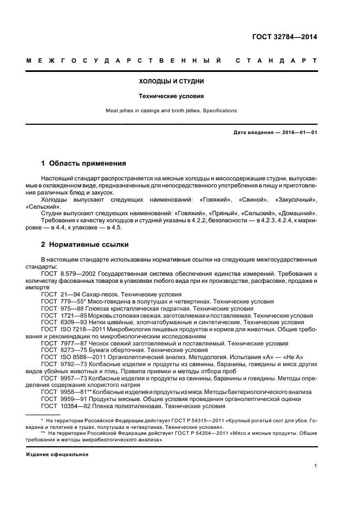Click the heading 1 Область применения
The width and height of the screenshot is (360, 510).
[84, 163]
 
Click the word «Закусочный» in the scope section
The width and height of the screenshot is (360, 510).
[299, 200]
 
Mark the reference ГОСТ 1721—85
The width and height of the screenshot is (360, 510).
[63, 315]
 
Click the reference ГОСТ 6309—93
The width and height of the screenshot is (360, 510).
[63, 323]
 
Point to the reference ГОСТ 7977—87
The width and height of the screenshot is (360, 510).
[63, 344]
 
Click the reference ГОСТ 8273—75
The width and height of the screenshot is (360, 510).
[63, 351]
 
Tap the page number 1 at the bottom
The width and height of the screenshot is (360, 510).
[316, 466]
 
